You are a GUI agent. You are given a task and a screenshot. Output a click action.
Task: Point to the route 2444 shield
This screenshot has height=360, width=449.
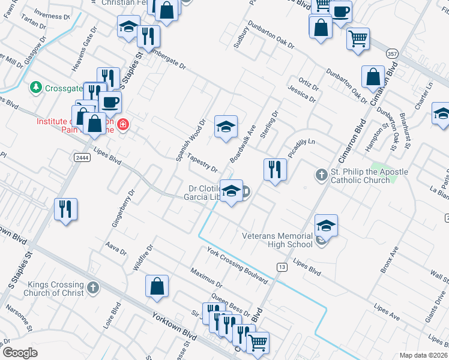83,157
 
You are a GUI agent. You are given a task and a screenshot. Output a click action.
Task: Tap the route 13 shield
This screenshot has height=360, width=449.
280,266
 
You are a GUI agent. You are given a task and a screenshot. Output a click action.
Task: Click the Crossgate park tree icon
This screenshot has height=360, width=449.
37,88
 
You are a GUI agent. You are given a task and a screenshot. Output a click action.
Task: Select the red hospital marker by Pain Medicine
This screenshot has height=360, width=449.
123,125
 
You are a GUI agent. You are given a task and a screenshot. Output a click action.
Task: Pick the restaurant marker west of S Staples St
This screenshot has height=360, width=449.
65,209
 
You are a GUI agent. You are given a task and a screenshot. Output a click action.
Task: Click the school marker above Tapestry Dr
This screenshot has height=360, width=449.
226,126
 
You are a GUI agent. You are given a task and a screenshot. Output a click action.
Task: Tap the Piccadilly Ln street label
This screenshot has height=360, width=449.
301,146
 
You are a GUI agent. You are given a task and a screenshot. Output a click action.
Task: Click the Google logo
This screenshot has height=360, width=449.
20,353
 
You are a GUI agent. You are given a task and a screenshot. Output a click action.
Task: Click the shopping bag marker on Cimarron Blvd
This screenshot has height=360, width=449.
373,77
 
